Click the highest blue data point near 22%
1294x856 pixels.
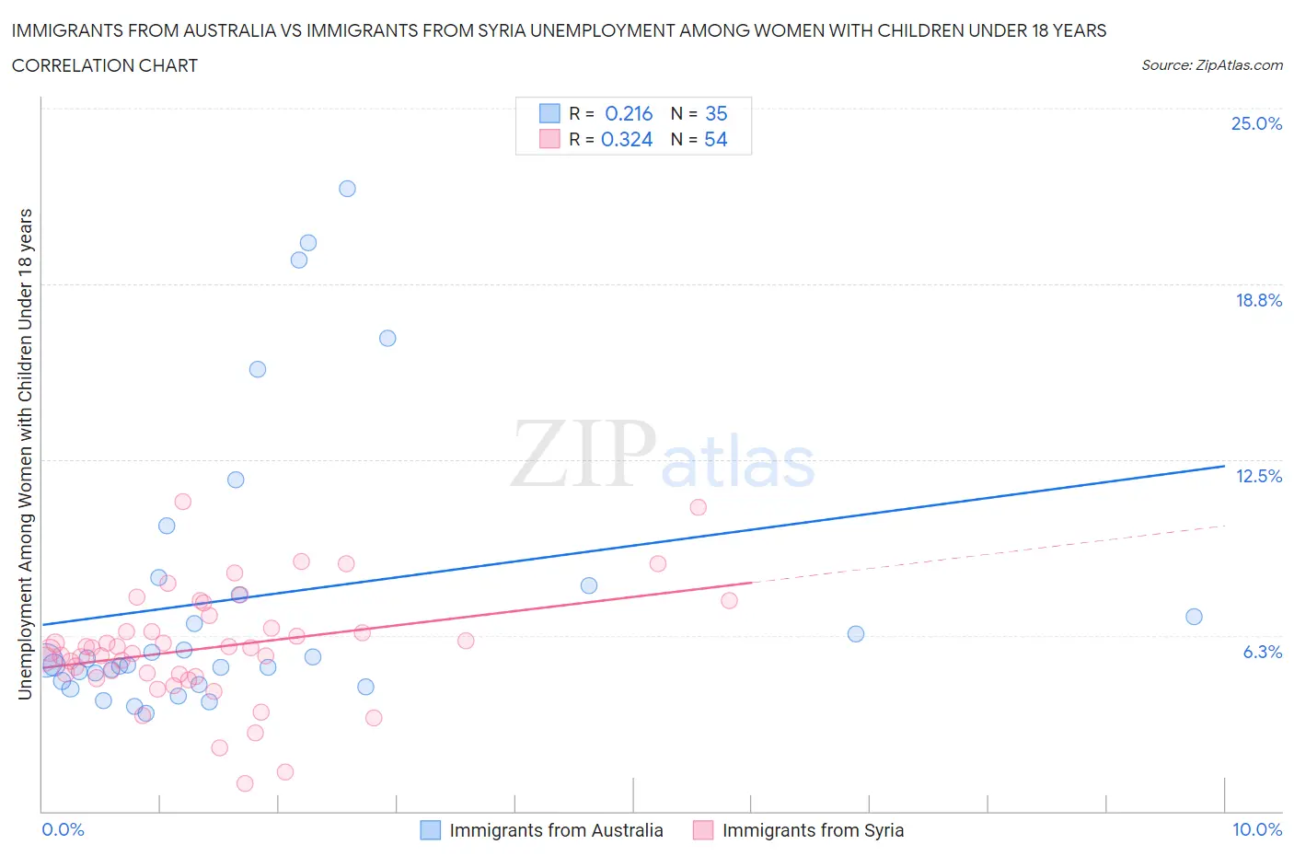pyautogui.click(x=347, y=189)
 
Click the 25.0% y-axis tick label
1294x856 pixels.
pyautogui.click(x=1256, y=123)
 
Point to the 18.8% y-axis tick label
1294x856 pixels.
pyautogui.click(x=1258, y=300)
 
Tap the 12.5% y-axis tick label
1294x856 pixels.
pyautogui.click(x=1258, y=476)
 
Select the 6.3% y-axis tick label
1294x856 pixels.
pyautogui.click(x=1262, y=652)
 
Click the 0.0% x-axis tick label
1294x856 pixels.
pyautogui.click(x=63, y=829)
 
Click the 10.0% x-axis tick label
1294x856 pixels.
pyautogui.click(x=1256, y=829)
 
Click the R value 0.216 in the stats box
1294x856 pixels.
pyautogui.click(x=629, y=113)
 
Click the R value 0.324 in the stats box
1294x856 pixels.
pyautogui.click(x=627, y=139)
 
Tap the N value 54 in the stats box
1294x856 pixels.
pyautogui.click(x=715, y=139)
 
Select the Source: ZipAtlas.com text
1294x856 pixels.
pyautogui.click(x=1211, y=64)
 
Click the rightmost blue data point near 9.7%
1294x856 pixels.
pyautogui.click(x=1194, y=617)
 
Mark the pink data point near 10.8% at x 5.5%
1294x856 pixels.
pyautogui.click(x=698, y=507)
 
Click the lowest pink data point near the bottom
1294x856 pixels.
pyautogui.click(x=245, y=783)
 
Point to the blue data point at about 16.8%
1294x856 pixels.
pyautogui.click(x=387, y=338)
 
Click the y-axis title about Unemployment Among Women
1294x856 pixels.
pyautogui.click(x=26, y=454)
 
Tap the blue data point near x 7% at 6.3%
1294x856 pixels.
pyautogui.click(x=856, y=633)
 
